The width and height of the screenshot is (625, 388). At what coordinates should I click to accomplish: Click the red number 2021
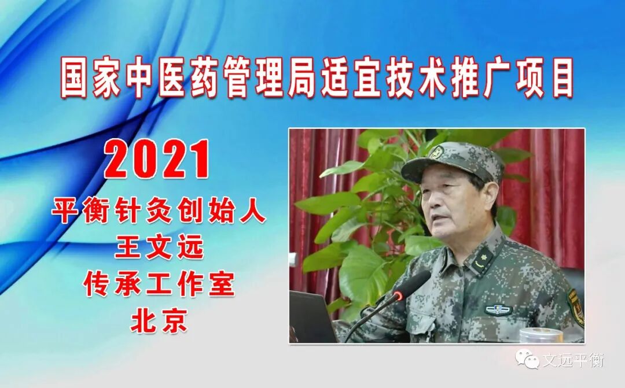click(x=157, y=159)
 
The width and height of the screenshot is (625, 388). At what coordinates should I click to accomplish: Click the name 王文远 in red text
click(x=160, y=249)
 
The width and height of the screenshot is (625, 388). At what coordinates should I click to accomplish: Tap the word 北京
click(x=159, y=322)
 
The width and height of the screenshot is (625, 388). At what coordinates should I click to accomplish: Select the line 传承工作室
click(x=159, y=286)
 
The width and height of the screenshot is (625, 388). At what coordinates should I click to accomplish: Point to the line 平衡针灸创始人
click(x=159, y=212)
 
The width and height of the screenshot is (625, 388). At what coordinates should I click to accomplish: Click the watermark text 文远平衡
click(x=573, y=360)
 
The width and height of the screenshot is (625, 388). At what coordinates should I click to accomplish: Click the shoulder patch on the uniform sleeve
click(x=575, y=306)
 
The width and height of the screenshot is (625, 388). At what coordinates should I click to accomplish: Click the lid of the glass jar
click(x=541, y=334)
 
